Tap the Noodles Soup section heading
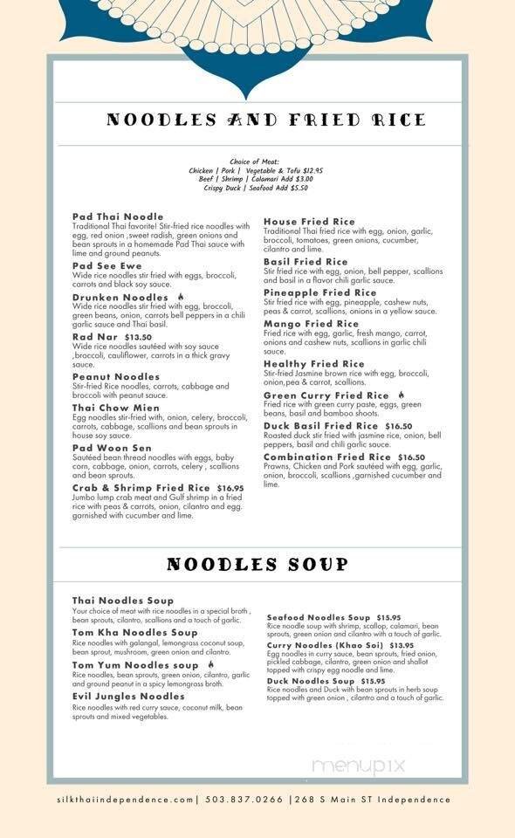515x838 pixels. tap(257, 564)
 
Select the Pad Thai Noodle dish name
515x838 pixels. tap(118, 216)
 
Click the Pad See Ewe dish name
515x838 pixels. tap(107, 265)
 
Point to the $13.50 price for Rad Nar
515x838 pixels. tap(138, 336)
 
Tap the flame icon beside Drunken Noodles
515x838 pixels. tap(181, 297)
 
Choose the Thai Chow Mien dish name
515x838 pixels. tap(116, 408)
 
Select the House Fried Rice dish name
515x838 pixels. tap(309, 222)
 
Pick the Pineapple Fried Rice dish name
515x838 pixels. tap(320, 292)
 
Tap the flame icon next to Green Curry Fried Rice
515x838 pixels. tap(402, 395)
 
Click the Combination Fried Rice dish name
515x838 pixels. tap(327, 457)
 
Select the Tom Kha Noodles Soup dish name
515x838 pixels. tap(135, 632)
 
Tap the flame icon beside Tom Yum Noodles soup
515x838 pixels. tap(211, 664)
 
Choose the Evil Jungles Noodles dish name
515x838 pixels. tap(128, 697)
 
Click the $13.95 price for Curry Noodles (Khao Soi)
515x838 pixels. tap(402, 646)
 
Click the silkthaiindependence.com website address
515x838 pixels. tap(121, 799)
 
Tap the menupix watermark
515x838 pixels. tap(359, 766)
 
